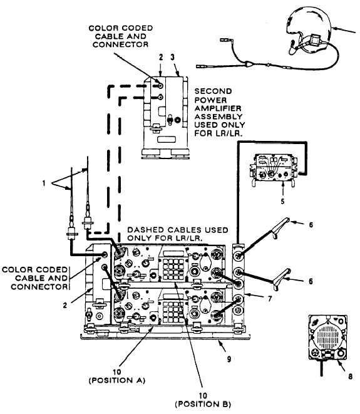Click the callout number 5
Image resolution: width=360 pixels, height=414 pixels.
click(x=282, y=201)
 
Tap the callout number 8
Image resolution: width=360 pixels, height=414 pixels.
click(x=350, y=376)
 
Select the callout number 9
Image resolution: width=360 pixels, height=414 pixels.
click(x=229, y=359)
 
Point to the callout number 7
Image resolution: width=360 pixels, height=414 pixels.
click(x=269, y=299)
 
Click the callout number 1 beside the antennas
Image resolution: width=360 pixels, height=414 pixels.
click(x=44, y=183)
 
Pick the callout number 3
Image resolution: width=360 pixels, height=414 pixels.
click(x=172, y=57)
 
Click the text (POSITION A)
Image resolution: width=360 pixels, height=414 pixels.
click(x=117, y=380)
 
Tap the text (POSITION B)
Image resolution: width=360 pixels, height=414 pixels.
click(x=203, y=404)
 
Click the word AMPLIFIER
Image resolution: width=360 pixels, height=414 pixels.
click(x=218, y=108)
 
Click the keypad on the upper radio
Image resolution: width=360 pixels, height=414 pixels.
click(x=173, y=269)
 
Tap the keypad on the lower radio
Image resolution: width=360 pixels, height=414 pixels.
click(x=173, y=313)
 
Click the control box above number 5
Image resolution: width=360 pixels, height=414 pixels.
click(x=273, y=170)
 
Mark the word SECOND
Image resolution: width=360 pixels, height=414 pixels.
click(x=213, y=91)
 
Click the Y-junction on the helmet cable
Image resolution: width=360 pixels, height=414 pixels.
click(x=248, y=64)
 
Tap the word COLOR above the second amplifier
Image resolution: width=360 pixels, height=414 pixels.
click(x=101, y=28)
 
